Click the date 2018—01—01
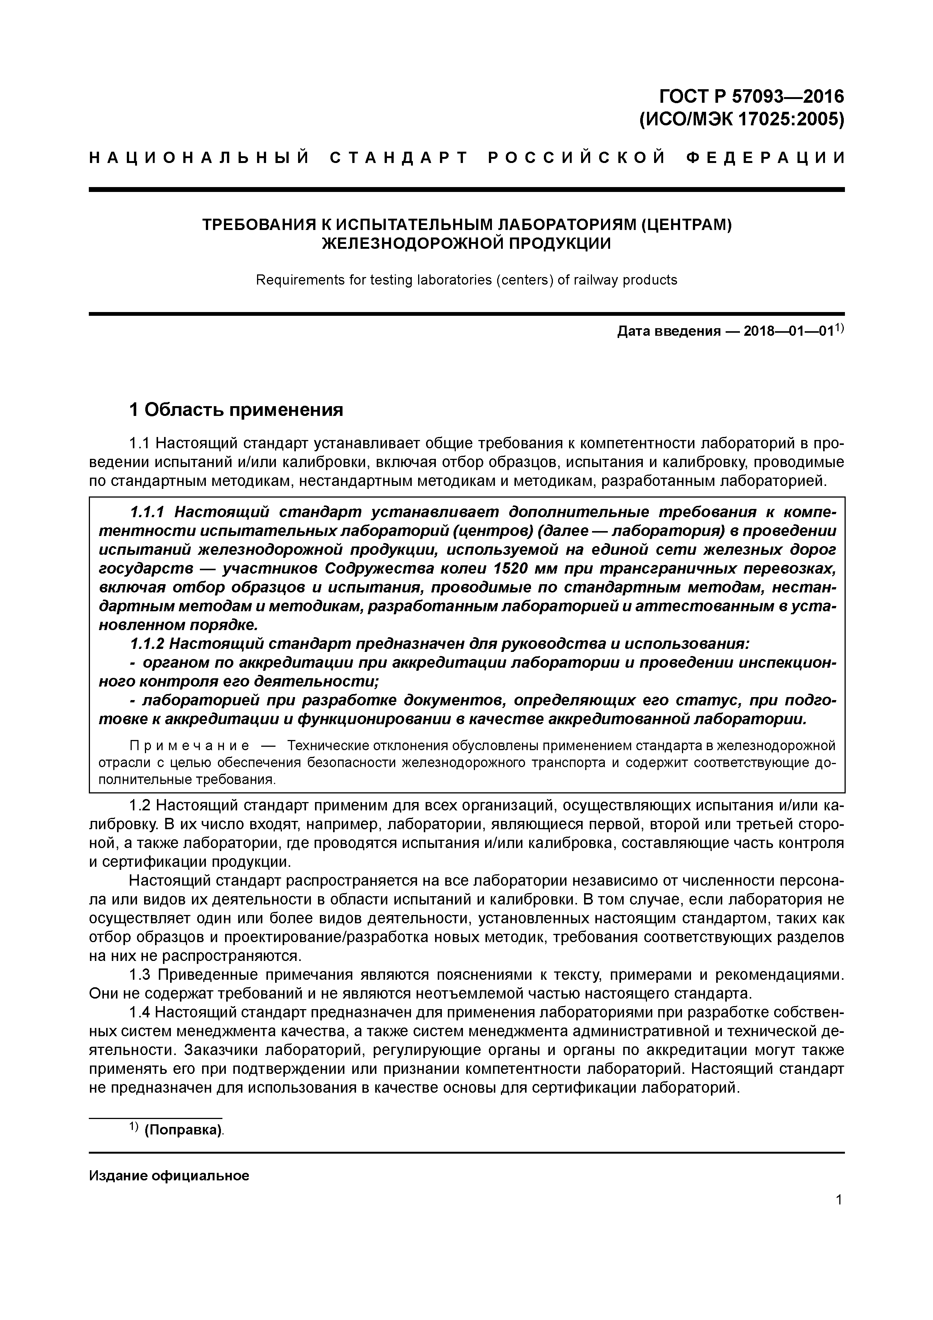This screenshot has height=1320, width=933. (788, 332)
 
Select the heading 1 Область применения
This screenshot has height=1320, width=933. (236, 410)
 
